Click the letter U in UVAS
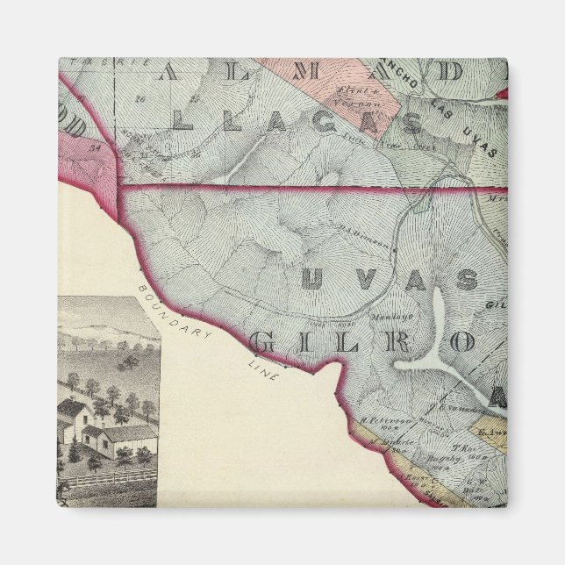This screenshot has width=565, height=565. (x=312, y=280)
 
